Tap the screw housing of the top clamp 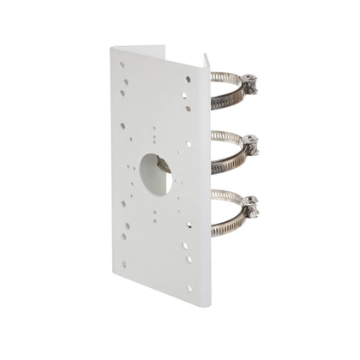coord(250,82)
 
